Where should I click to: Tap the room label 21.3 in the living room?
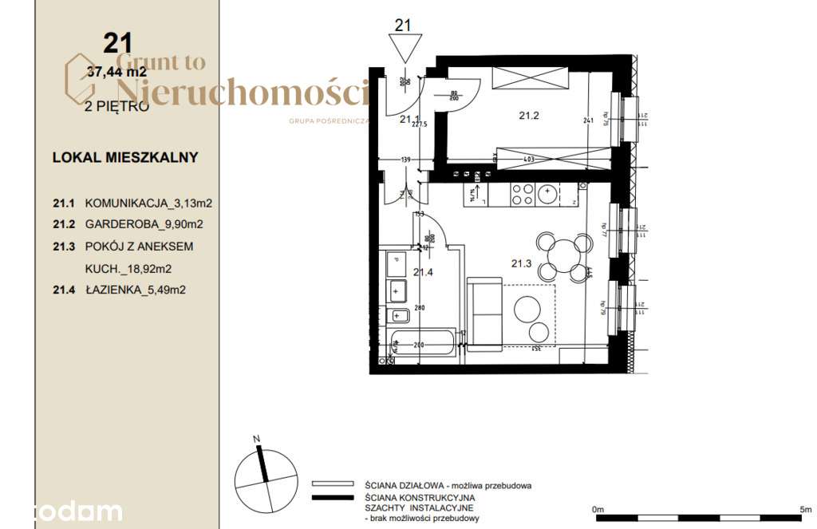(x=521, y=263)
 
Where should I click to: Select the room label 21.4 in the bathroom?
(x=422, y=272)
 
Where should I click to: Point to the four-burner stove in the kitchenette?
(x=523, y=194)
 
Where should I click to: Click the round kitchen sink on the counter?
(x=547, y=192)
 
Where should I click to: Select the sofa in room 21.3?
(x=483, y=314)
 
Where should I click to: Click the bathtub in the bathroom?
(x=420, y=345)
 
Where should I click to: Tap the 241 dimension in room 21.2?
(x=589, y=121)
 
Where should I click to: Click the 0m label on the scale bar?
(x=598, y=508)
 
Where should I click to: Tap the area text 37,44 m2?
(x=117, y=72)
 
